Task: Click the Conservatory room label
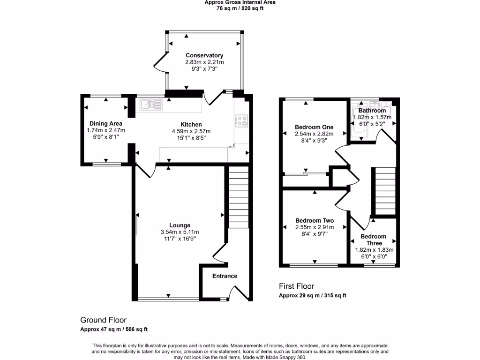point(204,55)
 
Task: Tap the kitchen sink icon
point(150,105)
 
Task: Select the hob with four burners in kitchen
point(241,120)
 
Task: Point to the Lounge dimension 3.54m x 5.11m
point(180,232)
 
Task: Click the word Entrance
point(225,276)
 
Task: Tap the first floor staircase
point(384,191)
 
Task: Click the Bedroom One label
point(314,127)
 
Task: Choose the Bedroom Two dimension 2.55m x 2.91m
point(315,227)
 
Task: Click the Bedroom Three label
point(374,240)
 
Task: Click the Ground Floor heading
point(103,320)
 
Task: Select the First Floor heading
point(296,286)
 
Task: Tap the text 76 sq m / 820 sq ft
point(240,8)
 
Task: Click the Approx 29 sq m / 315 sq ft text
point(312,295)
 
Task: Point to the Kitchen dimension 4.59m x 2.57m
point(191,131)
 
